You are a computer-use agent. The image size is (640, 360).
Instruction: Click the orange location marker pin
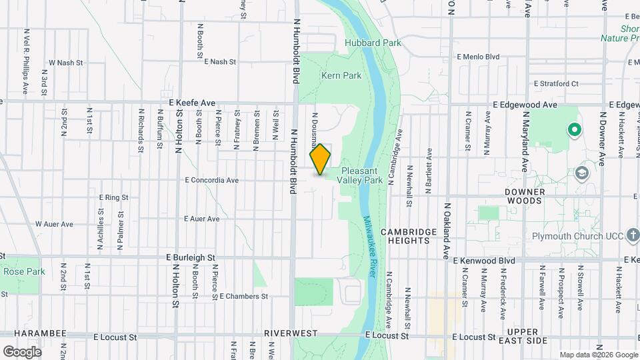click(321, 159)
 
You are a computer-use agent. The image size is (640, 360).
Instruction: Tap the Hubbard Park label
click(363, 43)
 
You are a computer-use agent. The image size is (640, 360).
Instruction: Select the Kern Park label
click(341, 76)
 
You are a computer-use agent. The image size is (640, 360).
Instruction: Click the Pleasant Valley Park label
click(359, 175)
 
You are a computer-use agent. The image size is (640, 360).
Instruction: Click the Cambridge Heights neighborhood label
click(409, 236)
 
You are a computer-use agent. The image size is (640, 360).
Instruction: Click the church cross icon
click(632, 235)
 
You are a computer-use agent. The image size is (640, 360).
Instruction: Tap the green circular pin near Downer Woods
click(573, 129)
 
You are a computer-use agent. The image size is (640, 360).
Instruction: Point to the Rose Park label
click(24, 271)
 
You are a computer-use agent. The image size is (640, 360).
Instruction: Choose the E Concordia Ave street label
click(212, 180)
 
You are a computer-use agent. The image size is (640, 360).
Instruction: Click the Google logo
click(23, 351)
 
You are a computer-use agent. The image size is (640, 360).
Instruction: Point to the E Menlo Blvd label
click(478, 57)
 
